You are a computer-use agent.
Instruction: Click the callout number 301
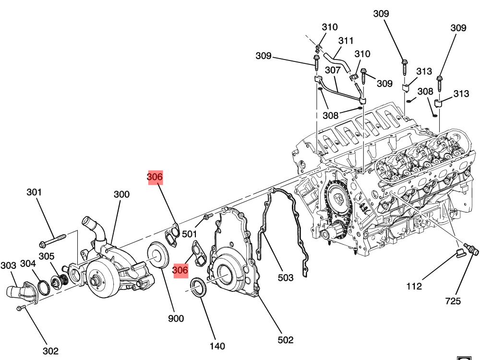pyautogui.click(x=34, y=192)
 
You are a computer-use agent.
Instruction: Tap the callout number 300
pyautogui.click(x=121, y=194)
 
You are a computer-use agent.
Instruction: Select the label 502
pyautogui.click(x=285, y=340)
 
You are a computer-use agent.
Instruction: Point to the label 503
pyautogui.click(x=285, y=277)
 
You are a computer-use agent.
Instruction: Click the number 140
pyautogui.click(x=217, y=346)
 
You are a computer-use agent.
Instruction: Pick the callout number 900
pyautogui.click(x=176, y=318)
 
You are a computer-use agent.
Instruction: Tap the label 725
pyautogui.click(x=453, y=301)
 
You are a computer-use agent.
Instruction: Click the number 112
pyautogui.click(x=414, y=287)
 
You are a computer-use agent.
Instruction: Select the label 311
pyautogui.click(x=346, y=41)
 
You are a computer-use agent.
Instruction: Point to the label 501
pyautogui.click(x=190, y=234)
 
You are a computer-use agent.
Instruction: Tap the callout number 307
pyautogui.click(x=333, y=70)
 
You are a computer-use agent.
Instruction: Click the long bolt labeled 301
pyautogui.click(x=53, y=238)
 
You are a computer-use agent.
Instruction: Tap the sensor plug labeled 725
pyautogui.click(x=468, y=250)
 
